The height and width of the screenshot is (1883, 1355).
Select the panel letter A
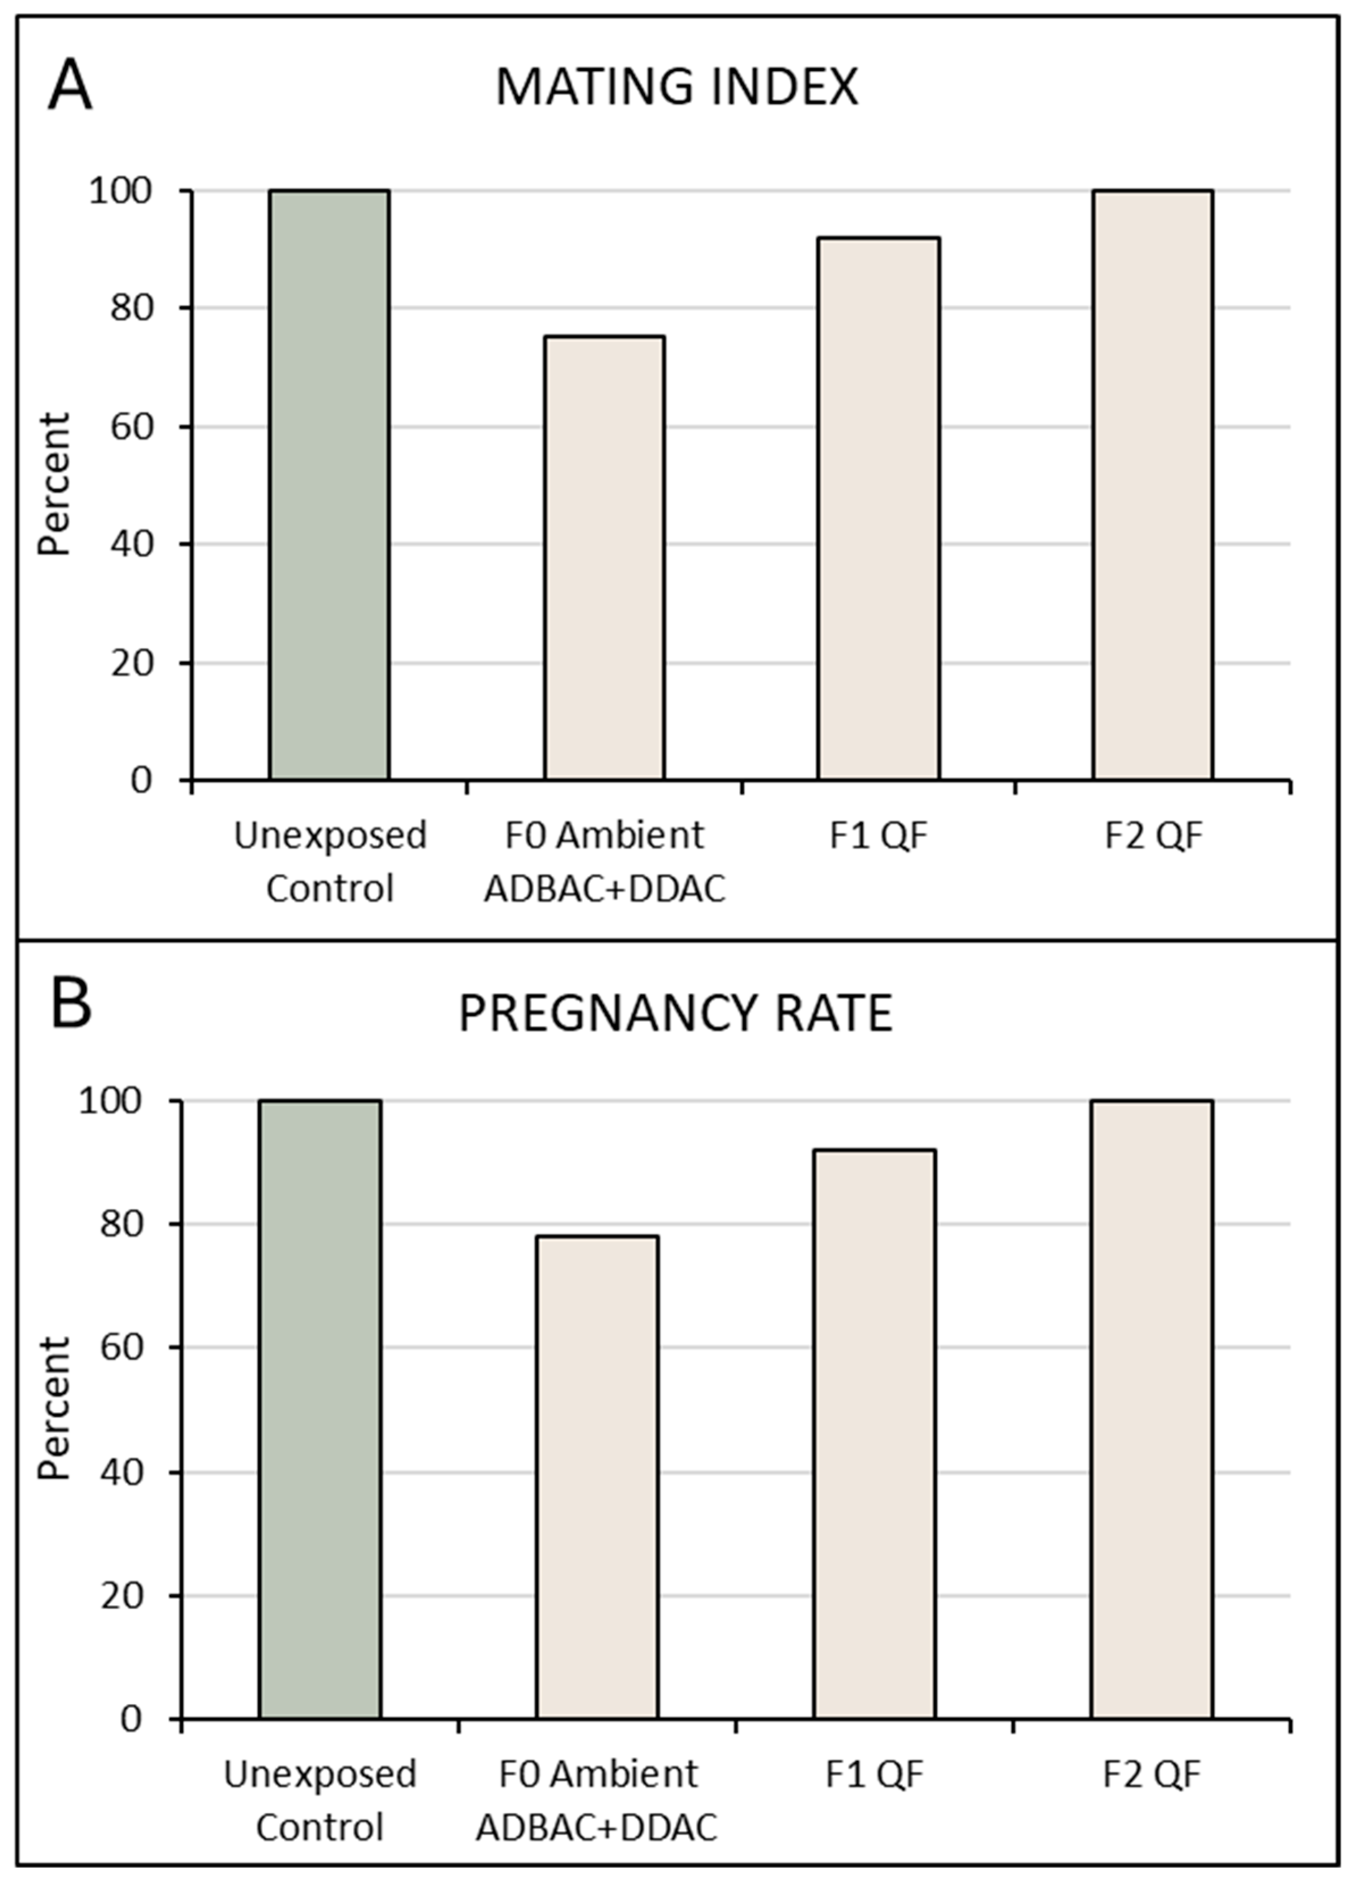point(70,86)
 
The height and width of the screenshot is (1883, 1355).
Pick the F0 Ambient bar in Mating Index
point(605,558)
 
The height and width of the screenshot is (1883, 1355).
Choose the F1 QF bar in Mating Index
point(878,509)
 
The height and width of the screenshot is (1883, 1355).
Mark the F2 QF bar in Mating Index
point(1152,485)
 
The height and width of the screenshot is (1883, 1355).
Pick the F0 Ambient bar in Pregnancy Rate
point(598,1477)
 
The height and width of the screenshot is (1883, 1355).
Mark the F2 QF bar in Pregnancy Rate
point(1152,1409)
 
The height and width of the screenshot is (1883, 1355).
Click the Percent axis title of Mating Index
point(55,484)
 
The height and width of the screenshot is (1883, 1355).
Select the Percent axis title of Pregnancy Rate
point(55,1409)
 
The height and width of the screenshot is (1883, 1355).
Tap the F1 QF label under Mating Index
point(878,835)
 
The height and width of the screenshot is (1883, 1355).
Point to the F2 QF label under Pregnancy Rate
point(1152,1774)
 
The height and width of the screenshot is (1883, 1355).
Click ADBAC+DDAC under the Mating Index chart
point(605,889)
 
